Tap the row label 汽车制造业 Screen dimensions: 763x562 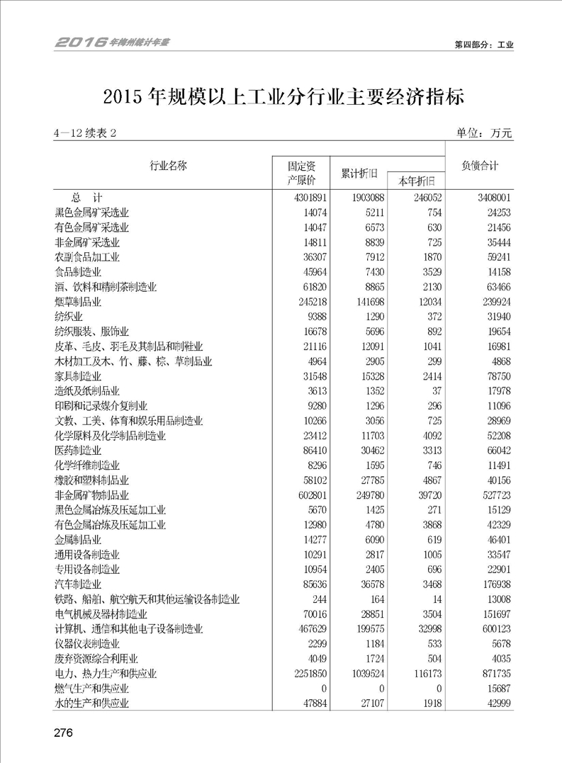pos(78,584)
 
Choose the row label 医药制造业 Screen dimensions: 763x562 pos(78,451)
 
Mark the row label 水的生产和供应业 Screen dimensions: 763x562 pos(92,703)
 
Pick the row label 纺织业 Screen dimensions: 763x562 pos(69,317)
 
